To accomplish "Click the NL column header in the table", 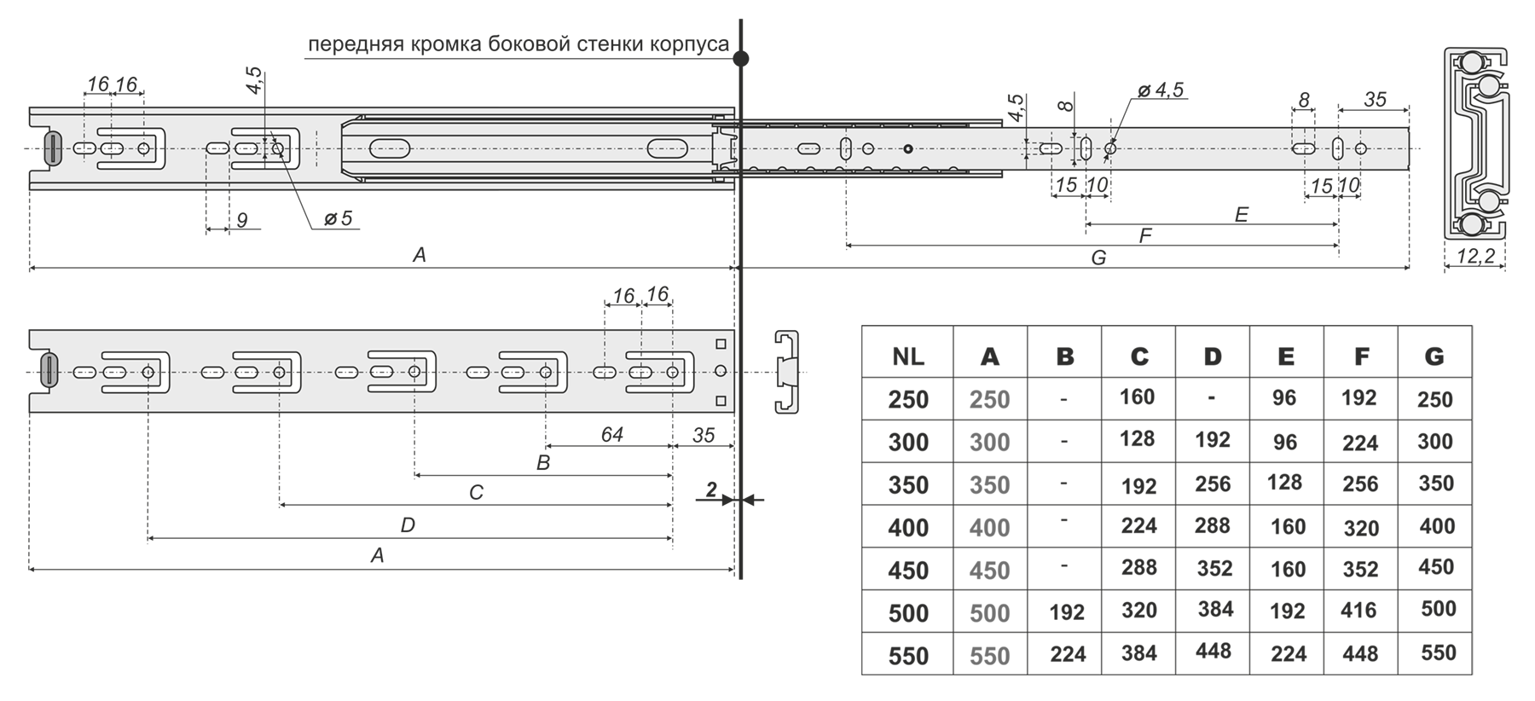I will point(907,356).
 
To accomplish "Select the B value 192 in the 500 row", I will point(1066,612).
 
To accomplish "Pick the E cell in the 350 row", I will point(1284,482).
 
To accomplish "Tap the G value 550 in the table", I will point(1438,653).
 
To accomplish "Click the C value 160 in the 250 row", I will point(1138,397).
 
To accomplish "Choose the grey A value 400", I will point(989,528).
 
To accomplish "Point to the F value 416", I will point(1358,611).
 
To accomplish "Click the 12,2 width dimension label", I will point(1475,256).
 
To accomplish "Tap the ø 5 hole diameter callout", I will point(338,219).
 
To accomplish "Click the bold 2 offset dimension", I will point(711,490).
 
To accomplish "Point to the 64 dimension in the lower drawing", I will point(611,435).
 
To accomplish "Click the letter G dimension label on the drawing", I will point(1098,258).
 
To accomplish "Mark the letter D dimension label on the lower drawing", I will point(408,525).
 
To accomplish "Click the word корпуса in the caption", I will point(690,44).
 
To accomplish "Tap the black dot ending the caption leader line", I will point(741,59).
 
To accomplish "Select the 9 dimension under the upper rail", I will point(242,221).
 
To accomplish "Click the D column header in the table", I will point(1212,356).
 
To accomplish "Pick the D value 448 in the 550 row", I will point(1213,652).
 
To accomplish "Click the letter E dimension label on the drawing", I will point(1241,215).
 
